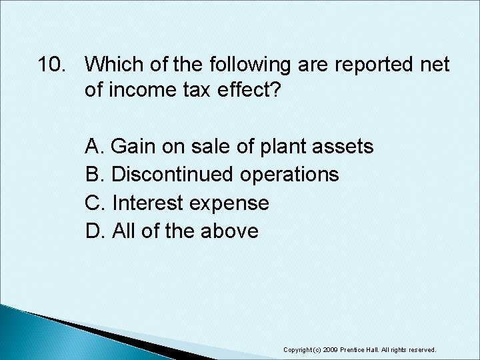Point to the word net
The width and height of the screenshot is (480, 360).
(x=433, y=65)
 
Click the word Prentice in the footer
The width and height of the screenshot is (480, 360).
(x=358, y=349)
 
